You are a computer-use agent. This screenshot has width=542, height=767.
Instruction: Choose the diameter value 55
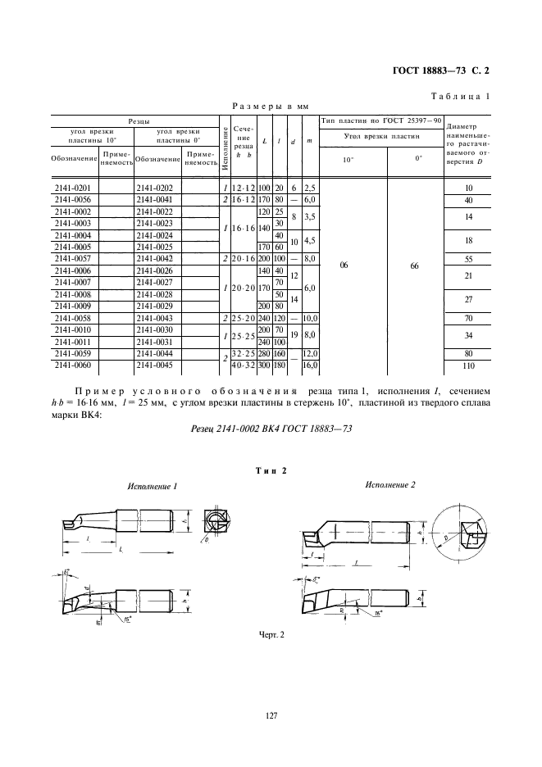coord(469,258)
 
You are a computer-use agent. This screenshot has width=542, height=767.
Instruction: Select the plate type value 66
coord(417,265)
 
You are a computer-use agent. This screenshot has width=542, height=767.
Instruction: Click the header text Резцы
coord(137,120)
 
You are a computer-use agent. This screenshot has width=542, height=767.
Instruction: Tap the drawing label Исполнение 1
coord(153,487)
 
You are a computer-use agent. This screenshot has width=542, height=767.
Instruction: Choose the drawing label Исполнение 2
coord(390,485)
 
